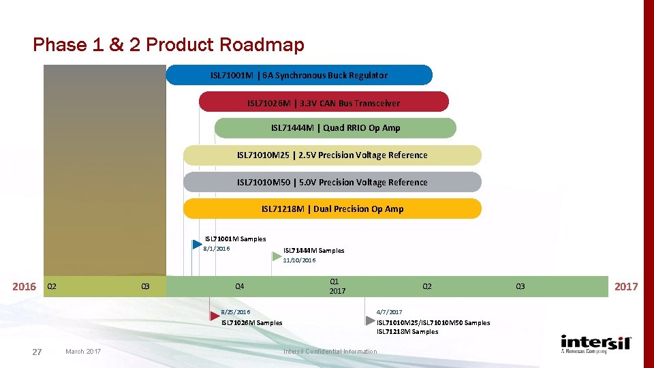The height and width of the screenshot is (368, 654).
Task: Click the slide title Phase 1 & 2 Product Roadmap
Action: point(168,45)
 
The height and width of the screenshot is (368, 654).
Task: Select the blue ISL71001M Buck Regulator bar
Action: point(299,75)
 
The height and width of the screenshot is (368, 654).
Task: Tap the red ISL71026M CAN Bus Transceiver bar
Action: point(324,103)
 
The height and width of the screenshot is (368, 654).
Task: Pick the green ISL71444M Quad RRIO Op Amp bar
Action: point(335,128)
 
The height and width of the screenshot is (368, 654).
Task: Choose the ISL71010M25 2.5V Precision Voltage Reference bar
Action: point(332,155)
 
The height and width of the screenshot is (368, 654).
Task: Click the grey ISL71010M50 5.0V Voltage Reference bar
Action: point(332,182)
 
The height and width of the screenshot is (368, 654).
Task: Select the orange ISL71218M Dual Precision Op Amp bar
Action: point(332,209)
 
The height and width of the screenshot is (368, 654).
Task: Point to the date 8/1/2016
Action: point(217,249)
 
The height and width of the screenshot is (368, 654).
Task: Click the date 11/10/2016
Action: point(299,260)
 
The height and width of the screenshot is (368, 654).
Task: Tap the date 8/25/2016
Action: point(236,312)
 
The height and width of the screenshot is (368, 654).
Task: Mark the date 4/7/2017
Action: point(389,312)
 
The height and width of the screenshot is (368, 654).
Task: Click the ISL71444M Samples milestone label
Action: point(313,251)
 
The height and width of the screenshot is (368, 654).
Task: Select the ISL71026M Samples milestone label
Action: point(251,323)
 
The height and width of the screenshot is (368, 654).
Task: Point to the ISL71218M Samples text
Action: point(407,332)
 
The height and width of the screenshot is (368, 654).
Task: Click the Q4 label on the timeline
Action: point(239,287)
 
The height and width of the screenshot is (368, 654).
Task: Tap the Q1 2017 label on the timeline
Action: point(337,286)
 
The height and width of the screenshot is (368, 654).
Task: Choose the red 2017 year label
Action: point(626,287)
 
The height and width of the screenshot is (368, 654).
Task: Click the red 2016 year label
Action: point(25,287)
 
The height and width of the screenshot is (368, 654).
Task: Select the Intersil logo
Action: point(596,343)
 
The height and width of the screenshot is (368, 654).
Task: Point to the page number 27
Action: point(37,352)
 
